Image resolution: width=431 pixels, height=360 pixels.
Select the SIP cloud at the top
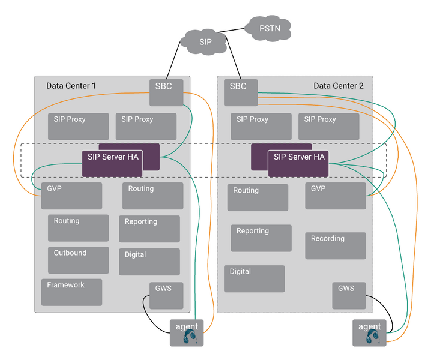tap(205, 43)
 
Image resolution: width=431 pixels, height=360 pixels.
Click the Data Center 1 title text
tap(71, 86)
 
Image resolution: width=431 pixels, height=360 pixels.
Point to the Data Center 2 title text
tap(338, 86)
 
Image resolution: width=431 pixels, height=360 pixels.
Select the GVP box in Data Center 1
tap(71, 196)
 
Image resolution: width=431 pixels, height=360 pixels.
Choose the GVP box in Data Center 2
tap(335, 196)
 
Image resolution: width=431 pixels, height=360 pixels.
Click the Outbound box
tap(78, 260)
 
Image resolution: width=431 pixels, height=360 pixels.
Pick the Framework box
tap(71, 292)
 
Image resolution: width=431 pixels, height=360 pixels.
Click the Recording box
tap(335, 245)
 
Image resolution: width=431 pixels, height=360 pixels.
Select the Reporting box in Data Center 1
tap(149, 229)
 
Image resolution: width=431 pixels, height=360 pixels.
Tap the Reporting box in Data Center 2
tap(261, 238)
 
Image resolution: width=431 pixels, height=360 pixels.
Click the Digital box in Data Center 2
tap(254, 278)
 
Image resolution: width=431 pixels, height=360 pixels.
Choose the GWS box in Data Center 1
tap(166, 295)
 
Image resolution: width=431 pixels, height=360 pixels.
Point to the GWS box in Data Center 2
tap(349, 295)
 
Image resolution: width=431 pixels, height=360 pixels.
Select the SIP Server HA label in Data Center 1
tap(112, 157)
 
